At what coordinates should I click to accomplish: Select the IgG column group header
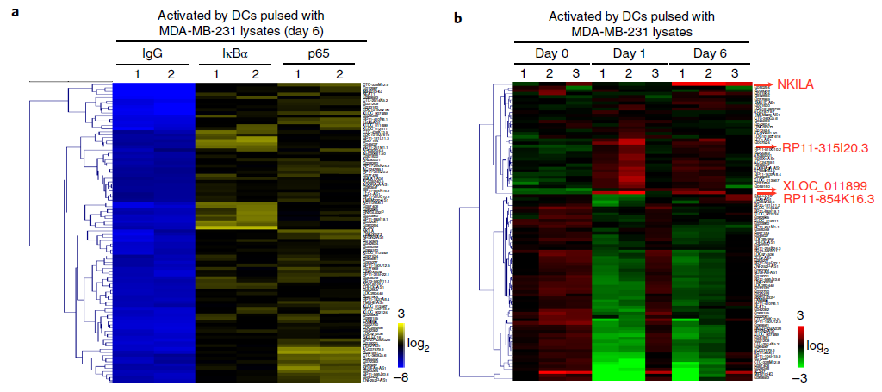pyautogui.click(x=152, y=53)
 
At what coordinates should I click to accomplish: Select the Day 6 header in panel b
pyautogui.click(x=707, y=53)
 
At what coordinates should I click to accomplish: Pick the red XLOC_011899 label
pyautogui.click(x=823, y=186)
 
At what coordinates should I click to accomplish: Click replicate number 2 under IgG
pyautogui.click(x=171, y=73)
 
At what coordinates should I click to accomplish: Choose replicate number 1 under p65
pyautogui.click(x=298, y=73)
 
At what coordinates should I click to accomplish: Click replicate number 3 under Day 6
pyautogui.click(x=734, y=72)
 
